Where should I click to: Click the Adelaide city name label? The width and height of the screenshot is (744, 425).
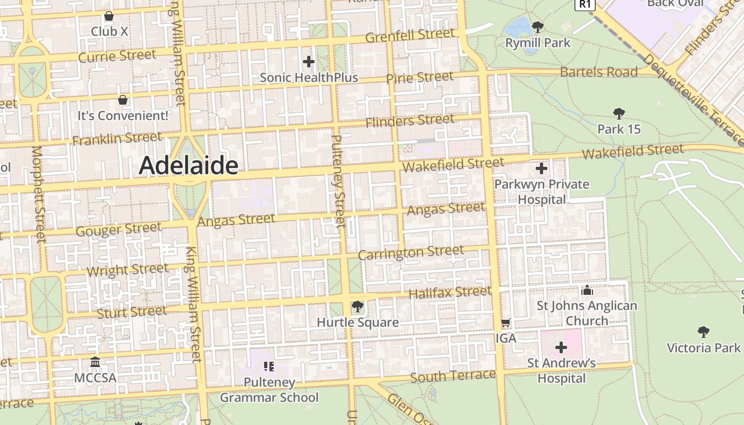(188, 166)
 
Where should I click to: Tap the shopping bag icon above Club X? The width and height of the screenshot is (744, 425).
(109, 16)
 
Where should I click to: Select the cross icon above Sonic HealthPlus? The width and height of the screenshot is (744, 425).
(308, 62)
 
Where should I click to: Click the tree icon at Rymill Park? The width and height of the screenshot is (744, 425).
(537, 27)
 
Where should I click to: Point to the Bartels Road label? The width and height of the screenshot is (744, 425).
(598, 72)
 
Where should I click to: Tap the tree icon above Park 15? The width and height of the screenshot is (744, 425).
(619, 113)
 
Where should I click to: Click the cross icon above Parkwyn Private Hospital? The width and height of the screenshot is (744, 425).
(541, 169)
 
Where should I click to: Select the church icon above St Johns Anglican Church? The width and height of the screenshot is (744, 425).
(587, 290)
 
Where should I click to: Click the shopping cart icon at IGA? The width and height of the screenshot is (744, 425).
(506, 323)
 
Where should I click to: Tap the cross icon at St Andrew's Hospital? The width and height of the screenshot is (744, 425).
(561, 348)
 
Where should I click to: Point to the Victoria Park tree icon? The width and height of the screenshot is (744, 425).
(704, 332)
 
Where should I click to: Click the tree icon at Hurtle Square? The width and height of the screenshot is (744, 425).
(357, 307)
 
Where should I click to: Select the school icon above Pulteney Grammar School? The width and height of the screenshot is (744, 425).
(269, 367)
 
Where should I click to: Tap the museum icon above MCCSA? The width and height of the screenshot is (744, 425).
(95, 362)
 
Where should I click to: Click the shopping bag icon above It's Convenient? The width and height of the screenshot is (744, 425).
(123, 100)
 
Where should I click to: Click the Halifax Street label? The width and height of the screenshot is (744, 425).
(450, 292)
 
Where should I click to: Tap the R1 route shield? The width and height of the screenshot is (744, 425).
(585, 4)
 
